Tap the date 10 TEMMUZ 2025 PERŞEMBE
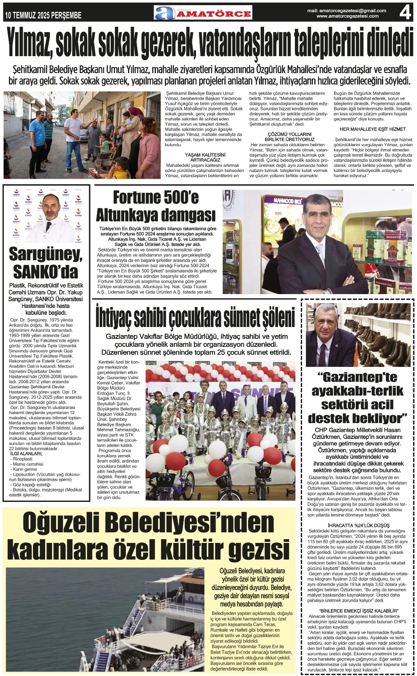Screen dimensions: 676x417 pyautogui.click(x=43, y=16)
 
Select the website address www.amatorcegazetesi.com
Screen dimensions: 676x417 pyautogui.click(x=347, y=16)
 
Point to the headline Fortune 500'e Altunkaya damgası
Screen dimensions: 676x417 pyautogui.click(x=156, y=206)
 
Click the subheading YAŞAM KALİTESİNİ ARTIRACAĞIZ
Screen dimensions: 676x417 pyautogui.click(x=205, y=158)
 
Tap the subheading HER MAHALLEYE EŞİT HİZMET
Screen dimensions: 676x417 pyautogui.click(x=373, y=129)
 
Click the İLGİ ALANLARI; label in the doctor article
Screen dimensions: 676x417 pyautogui.click(x=26, y=454)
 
